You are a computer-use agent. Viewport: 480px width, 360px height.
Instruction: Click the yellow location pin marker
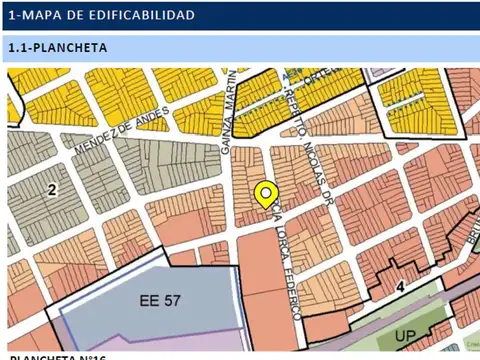[265, 195]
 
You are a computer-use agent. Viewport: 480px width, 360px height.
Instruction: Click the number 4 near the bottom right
[400, 285]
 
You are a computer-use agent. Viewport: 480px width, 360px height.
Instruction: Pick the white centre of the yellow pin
[265, 191]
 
